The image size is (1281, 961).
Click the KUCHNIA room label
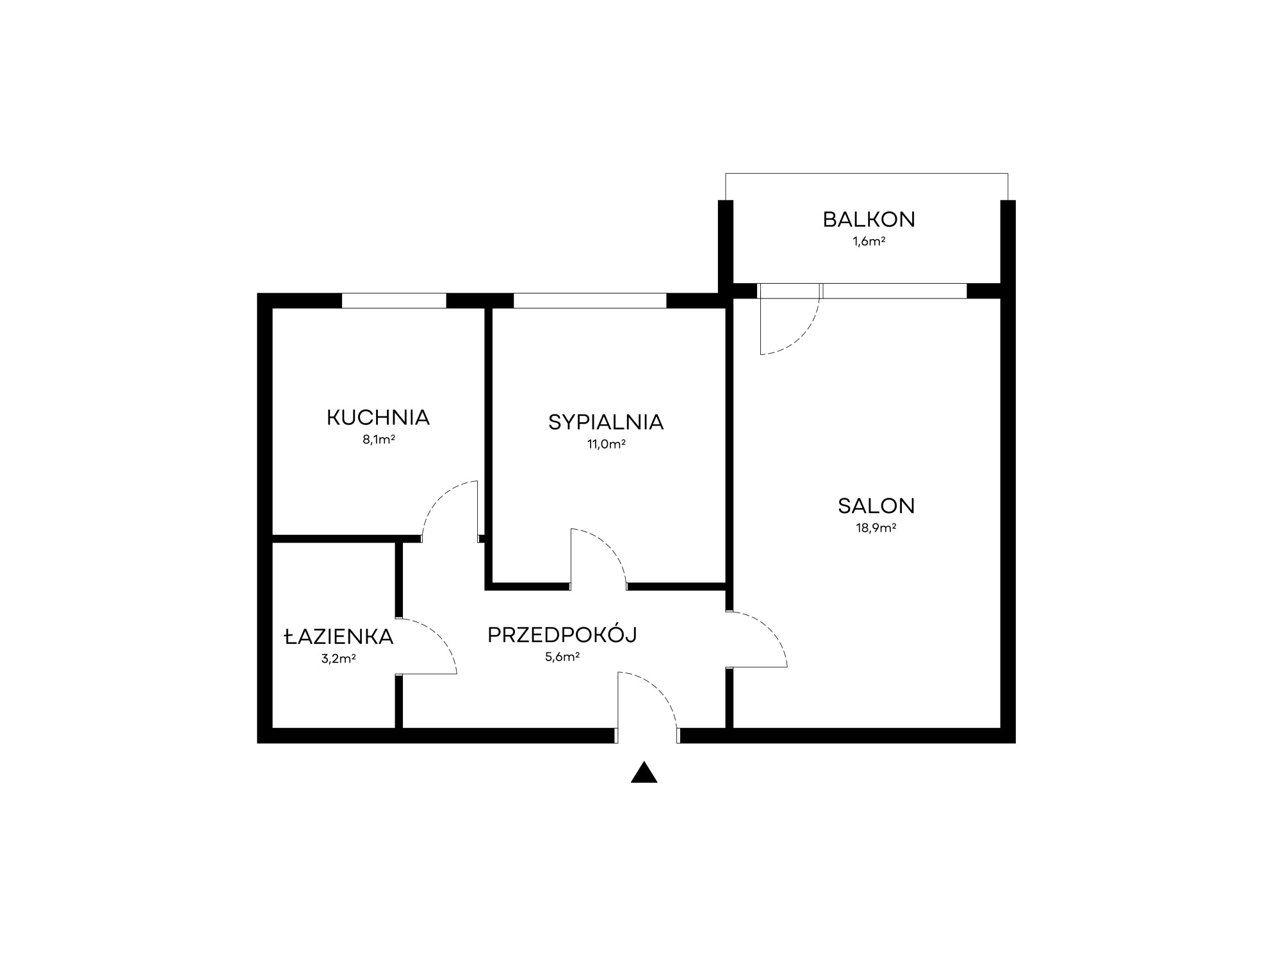click(378, 418)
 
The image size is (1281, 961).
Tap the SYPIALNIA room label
click(606, 422)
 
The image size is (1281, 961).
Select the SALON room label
click(876, 506)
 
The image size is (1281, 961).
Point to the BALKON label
click(869, 220)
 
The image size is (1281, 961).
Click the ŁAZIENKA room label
click(339, 636)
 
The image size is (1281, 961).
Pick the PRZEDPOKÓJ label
click(562, 634)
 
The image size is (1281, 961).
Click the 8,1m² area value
click(379, 439)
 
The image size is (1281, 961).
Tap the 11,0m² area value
click(607, 444)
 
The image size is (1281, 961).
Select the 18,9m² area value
click(876, 528)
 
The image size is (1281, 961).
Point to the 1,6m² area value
click(869, 242)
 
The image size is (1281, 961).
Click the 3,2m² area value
click(339, 658)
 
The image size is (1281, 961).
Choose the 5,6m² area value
click(562, 656)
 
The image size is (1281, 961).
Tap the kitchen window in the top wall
click(394, 300)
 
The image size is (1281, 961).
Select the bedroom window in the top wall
click(590, 300)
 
